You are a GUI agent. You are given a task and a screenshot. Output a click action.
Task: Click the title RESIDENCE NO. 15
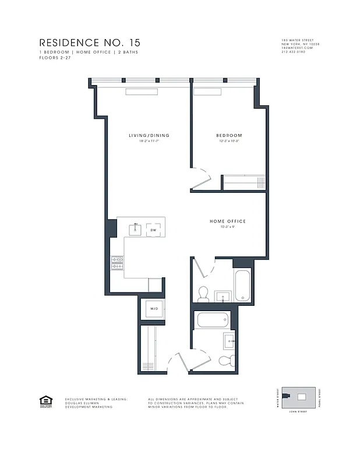point(90,43)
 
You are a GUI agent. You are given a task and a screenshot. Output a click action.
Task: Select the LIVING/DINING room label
point(149,136)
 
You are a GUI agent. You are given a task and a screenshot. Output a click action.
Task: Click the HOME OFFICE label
point(228,221)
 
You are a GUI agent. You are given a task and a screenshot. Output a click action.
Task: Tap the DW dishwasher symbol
point(154,230)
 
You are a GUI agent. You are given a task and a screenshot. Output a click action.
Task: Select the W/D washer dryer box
point(154,309)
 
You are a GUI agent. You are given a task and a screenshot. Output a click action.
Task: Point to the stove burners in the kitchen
point(115,263)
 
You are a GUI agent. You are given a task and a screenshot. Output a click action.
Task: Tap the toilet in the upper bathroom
point(203,295)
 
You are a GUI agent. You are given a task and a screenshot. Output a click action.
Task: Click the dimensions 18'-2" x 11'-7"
point(149,142)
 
